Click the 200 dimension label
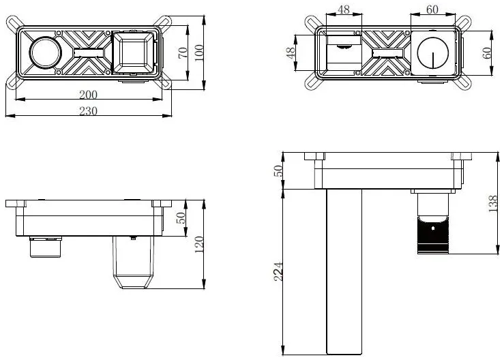tap(88, 95)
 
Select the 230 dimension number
tap(88, 111)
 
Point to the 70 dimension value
tap(182, 52)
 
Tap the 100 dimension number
tap(199, 52)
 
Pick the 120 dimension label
tap(199, 245)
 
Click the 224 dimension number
tap(278, 272)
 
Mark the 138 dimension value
tap(493, 203)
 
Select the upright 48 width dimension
tap(344, 10)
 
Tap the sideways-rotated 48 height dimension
tap(291, 52)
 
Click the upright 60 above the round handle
tap(432, 10)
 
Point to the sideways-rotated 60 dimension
tap(487, 52)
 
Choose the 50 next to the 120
tap(181, 218)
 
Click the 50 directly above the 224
tap(278, 170)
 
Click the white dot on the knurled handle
tap(432, 228)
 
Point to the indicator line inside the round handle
tap(432, 60)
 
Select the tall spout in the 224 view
tap(344, 272)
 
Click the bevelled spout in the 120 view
tap(133, 262)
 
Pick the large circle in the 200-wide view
tap(45, 52)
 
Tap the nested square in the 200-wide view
tap(134, 52)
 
